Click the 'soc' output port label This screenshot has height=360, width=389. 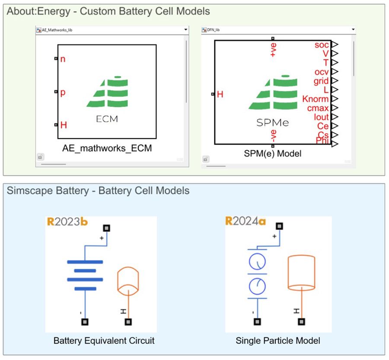pos(321,45)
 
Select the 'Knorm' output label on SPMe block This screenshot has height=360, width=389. pos(315,99)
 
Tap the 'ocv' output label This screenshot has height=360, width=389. pos(321,72)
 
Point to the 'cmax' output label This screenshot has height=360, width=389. pos(318,108)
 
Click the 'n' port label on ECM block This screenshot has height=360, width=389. pos(63,59)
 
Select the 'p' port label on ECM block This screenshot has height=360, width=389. pos(63,92)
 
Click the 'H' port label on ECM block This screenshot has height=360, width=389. pos(64,125)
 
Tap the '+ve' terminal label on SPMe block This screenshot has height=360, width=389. pos(273,50)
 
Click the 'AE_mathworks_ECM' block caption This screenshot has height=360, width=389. pos(107,148)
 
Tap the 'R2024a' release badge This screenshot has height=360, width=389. pos(246,222)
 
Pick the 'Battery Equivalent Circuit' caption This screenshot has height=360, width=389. pos(104,341)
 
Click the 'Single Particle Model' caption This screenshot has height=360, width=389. pos(278,341)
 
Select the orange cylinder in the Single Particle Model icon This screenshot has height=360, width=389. pos(302,273)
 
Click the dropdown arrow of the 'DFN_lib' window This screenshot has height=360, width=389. pos(354,30)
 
